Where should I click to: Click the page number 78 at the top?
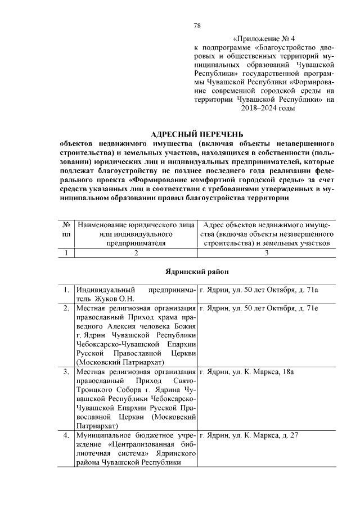pos(197,26)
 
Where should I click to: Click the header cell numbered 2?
pos(136,253)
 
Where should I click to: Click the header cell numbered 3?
pos(267,253)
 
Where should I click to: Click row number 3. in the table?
pos(66,372)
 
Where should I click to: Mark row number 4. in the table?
pos(66,436)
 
